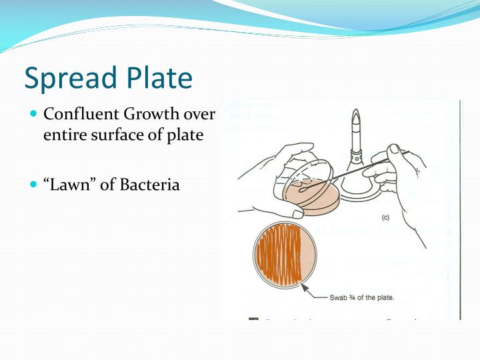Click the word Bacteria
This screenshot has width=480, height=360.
coord(150,184)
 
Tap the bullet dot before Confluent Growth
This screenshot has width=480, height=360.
coord(35,114)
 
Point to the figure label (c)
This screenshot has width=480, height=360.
coord(385,217)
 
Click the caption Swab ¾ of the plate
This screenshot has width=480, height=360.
coord(362,297)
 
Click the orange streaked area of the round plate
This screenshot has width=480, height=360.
coord(277,254)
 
